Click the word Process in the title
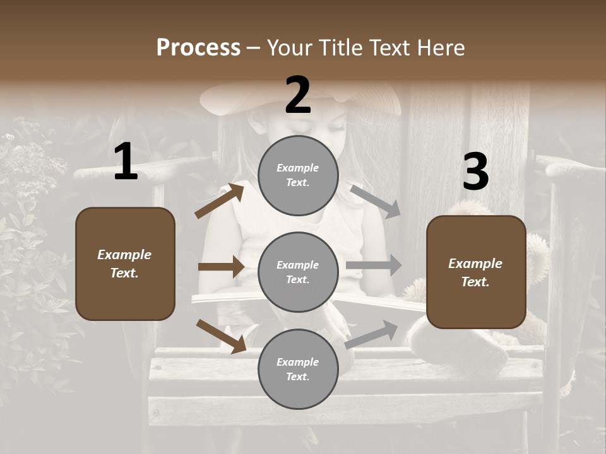[x=198, y=48]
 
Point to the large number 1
[x=126, y=163]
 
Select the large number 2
[x=298, y=95]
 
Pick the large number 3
[x=475, y=172]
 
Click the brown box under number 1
[x=125, y=264]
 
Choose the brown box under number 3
[x=476, y=272]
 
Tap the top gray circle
[x=298, y=175]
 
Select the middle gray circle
[x=298, y=272]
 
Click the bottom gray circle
[x=298, y=370]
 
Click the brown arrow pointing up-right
[x=220, y=201]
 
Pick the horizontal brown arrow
[x=221, y=267]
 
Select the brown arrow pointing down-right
[x=221, y=336]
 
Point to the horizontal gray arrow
[x=374, y=265]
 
